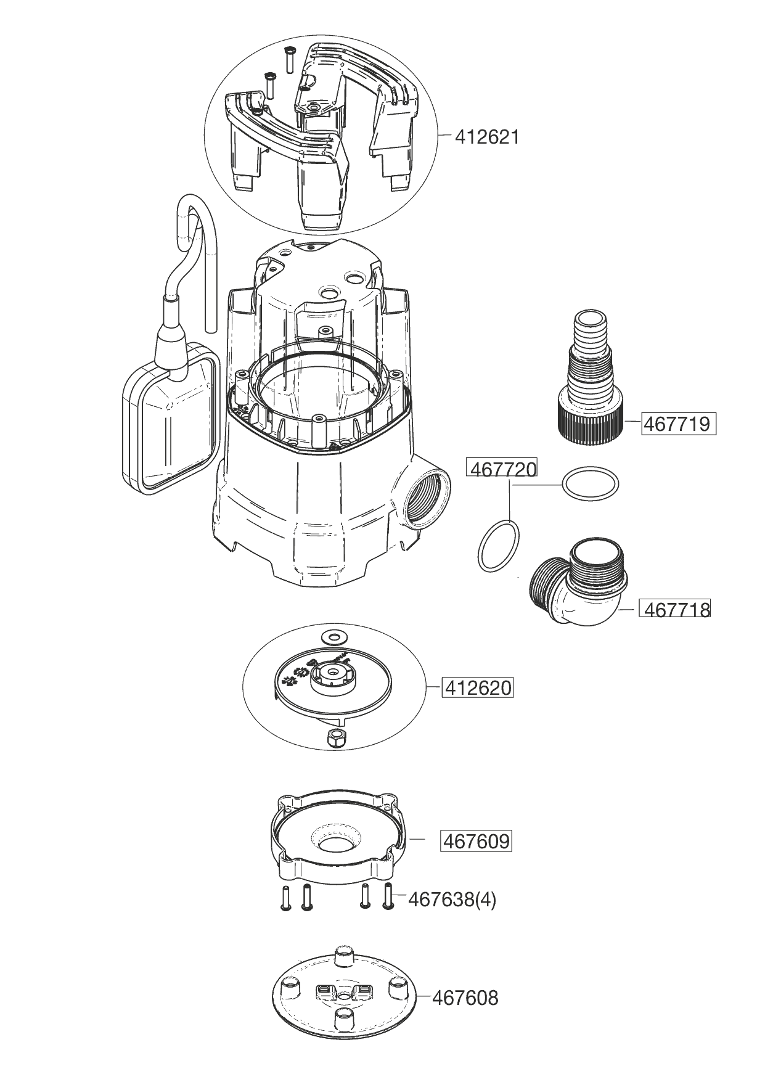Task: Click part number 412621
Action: [486, 136]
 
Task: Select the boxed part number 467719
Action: [678, 424]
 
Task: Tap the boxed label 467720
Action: [502, 469]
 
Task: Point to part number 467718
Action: [677, 609]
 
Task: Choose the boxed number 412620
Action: [477, 687]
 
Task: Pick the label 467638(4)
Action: [452, 900]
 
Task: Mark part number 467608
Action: [465, 997]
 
